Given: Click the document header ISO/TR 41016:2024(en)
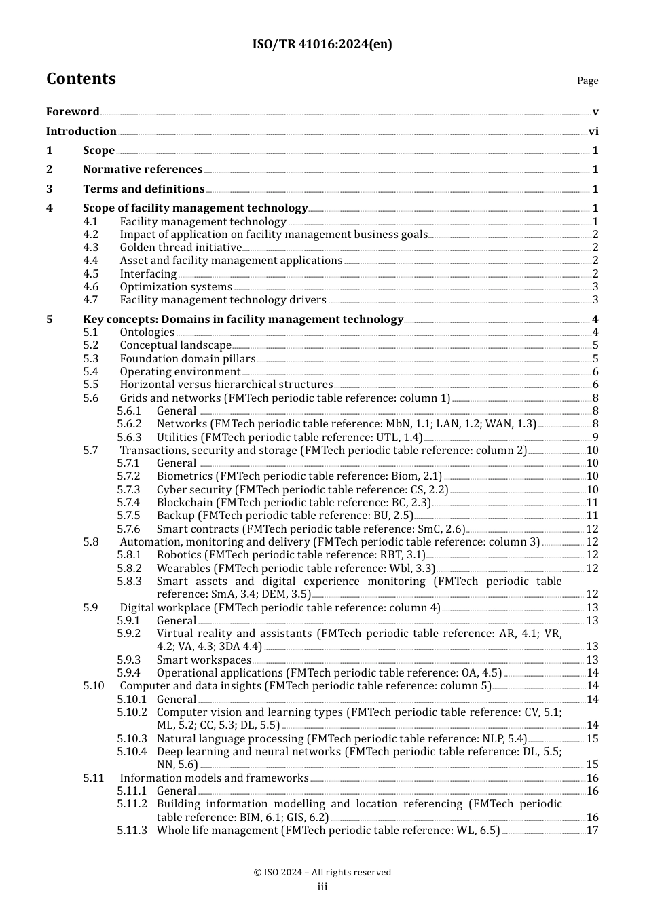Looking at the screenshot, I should tap(322, 45).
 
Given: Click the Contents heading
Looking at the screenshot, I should tap(81, 79).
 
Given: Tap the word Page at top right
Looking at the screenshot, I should tap(587, 81).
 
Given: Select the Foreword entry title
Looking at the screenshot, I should tap(73, 112).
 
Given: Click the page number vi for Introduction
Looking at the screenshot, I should tap(593, 132).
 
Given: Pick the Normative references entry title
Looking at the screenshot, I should tap(143, 170).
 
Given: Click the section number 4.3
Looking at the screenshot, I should tap(90, 248).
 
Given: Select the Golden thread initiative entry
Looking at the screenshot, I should tap(181, 248).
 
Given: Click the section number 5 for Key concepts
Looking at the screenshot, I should tap(50, 320).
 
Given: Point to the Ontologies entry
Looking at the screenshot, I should tap(147, 332).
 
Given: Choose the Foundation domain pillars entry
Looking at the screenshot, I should tap(187, 359).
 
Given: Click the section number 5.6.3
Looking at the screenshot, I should tap(129, 438).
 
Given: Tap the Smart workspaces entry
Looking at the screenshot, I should tap(204, 660).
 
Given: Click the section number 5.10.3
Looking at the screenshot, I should tap(132, 739).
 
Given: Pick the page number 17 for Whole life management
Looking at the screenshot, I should tap(592, 831).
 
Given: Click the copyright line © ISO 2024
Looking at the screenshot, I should tap(322, 873).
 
